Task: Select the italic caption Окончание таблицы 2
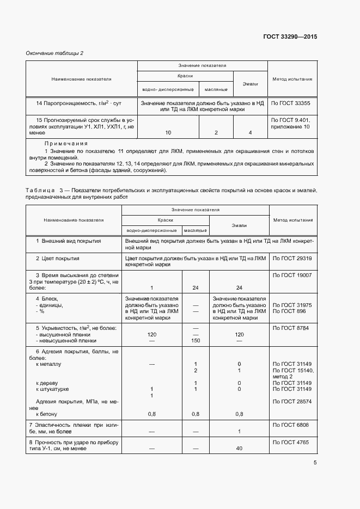pos(55,53)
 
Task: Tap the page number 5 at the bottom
pos(315,463)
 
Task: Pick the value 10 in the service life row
pos(168,132)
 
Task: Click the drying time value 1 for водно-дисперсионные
pos(151,287)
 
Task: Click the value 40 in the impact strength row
pos(239,449)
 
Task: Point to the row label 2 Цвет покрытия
pos(58,258)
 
